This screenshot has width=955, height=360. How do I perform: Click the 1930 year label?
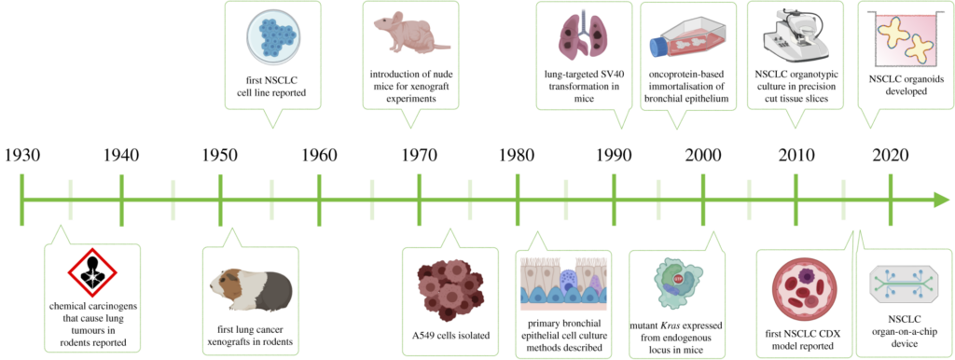22,156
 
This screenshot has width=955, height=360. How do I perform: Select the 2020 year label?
908,156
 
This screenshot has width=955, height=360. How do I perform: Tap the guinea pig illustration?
250,289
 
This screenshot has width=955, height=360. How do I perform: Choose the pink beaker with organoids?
901,40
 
